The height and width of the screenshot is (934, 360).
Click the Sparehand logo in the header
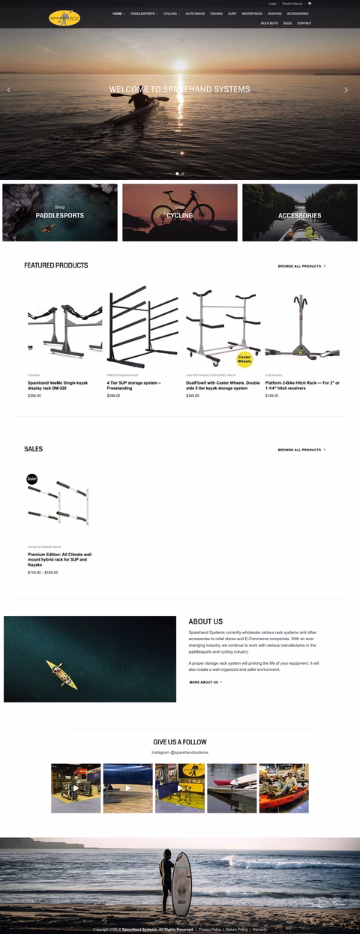point(64,16)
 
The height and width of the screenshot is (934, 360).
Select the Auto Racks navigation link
point(195,13)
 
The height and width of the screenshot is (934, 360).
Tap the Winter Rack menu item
point(252,13)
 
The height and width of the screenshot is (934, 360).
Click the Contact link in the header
point(304,23)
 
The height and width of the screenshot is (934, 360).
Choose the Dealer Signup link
point(292,4)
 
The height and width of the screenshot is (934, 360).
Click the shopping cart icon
point(309,4)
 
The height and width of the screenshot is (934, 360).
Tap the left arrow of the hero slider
point(9,90)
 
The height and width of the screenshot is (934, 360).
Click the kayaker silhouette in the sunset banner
point(141,99)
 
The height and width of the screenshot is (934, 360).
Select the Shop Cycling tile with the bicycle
point(179,213)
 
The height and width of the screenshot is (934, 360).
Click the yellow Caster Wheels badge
point(244,359)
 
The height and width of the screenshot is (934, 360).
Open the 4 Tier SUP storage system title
point(133,385)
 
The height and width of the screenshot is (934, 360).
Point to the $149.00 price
point(271,396)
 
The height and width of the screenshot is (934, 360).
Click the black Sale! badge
point(32,478)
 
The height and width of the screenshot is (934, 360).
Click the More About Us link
point(205,682)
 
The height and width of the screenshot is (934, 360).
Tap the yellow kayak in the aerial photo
point(61,674)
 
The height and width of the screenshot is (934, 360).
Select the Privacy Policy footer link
point(210,930)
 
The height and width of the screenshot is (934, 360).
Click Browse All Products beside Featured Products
point(301,266)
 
